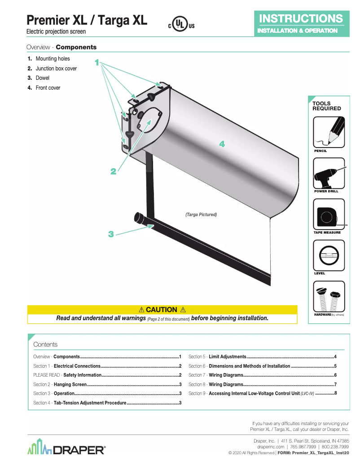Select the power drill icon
pos(329,173)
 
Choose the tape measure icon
pos(329,214)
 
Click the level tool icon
pos(329,255)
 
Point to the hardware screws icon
pos(329,297)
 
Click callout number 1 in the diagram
pos(97,62)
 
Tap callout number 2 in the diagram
pos(114,171)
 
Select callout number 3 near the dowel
pos(111,234)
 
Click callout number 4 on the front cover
pos(221,144)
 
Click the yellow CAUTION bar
pos(162,309)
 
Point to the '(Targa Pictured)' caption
pos(201,215)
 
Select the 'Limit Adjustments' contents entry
pos(227,356)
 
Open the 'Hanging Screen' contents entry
pos(70,384)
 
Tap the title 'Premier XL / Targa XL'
pos(87,20)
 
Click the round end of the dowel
pos(138,218)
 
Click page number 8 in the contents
pos(335,393)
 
